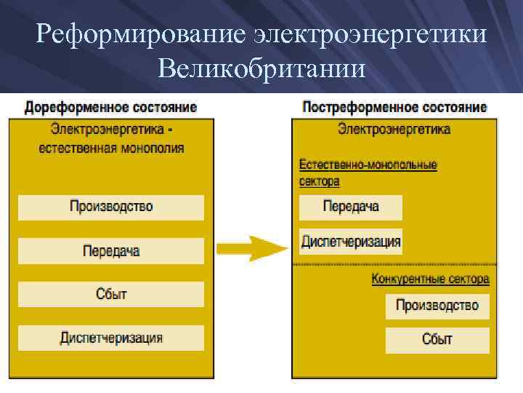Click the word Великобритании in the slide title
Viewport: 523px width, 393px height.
point(261,70)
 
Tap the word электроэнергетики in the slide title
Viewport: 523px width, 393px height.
point(370,35)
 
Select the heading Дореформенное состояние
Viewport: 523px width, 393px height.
point(110,108)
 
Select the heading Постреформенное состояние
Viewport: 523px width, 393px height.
point(394,108)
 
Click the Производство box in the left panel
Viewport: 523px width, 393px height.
point(111,207)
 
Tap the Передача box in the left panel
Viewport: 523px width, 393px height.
point(111,251)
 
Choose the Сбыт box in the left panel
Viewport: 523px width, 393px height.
point(111,294)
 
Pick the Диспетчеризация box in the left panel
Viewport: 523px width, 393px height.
point(111,338)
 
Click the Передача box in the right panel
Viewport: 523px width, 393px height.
point(350,207)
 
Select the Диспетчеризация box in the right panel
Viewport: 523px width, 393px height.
point(350,241)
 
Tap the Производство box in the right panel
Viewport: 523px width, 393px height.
point(437,306)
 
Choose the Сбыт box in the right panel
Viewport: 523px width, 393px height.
point(437,339)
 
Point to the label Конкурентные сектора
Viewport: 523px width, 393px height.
point(430,279)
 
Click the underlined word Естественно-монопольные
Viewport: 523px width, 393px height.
point(368,165)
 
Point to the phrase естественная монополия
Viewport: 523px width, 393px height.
point(111,148)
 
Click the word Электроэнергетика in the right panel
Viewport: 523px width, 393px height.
point(394,130)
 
